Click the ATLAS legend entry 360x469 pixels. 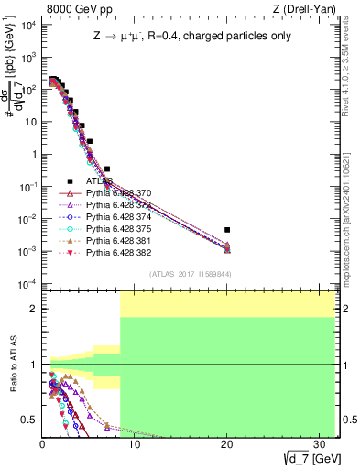pos(98,181)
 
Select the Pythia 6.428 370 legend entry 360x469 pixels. pos(119,193)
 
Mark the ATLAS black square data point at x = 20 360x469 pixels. pos(227,230)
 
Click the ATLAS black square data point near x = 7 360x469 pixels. pos(107,169)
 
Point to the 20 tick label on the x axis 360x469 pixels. pos(227,442)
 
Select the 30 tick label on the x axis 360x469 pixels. pos(320,442)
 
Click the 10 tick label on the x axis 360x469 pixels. pos(135,442)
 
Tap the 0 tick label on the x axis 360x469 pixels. pos(42,442)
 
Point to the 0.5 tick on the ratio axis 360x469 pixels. pos(29,420)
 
